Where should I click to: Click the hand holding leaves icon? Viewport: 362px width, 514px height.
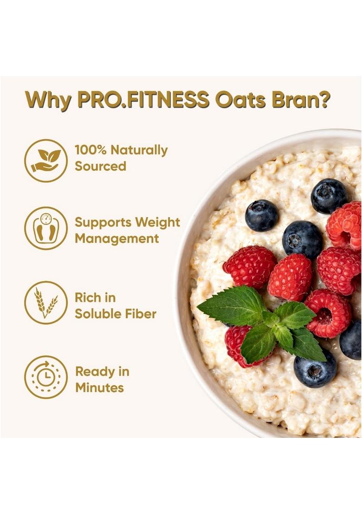pyautogui.click(x=46, y=161)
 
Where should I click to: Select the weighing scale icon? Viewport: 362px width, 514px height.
pyautogui.click(x=46, y=228)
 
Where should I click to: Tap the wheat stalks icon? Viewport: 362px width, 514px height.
pyautogui.click(x=46, y=302)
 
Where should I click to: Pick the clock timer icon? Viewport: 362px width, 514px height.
pyautogui.click(x=46, y=377)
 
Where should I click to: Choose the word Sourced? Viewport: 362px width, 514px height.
pyautogui.click(x=101, y=167)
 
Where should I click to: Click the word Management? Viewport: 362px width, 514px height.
pyautogui.click(x=117, y=239)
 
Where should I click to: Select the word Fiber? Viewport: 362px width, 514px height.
pyautogui.click(x=141, y=314)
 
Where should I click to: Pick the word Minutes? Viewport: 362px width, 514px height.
pyautogui.click(x=100, y=388)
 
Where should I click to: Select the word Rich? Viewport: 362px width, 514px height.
pyautogui.click(x=88, y=298)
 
